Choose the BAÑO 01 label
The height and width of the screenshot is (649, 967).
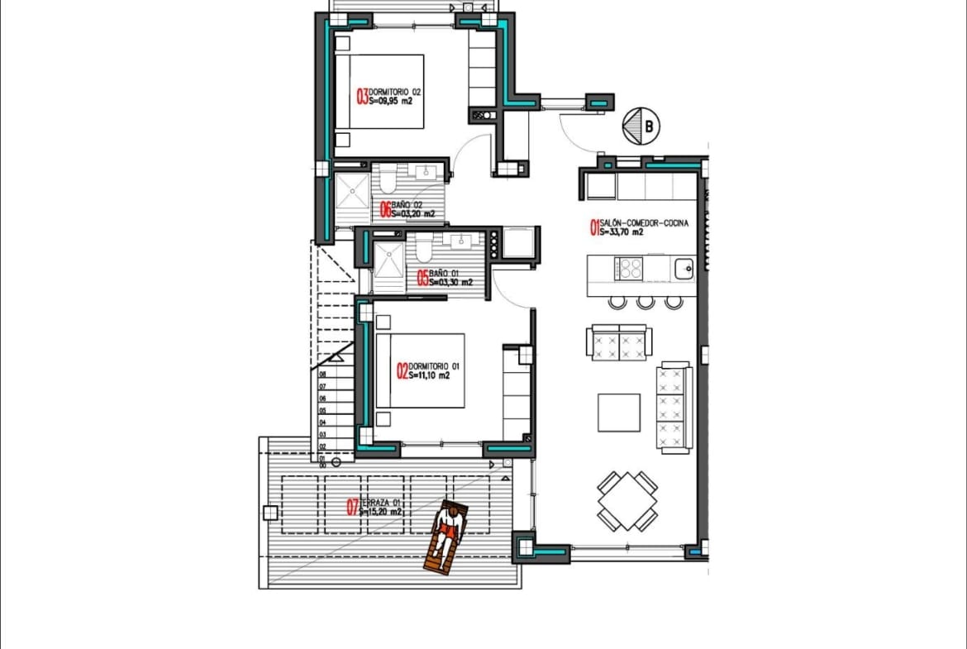445,278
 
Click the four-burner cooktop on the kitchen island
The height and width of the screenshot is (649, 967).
629,269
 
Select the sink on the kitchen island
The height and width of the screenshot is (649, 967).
683,269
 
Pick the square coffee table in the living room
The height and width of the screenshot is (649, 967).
619,413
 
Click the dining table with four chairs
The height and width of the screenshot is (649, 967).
627,501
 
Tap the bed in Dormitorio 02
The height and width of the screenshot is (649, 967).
379,92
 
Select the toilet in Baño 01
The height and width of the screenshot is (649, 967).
424,249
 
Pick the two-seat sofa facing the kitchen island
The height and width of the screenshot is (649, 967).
619,342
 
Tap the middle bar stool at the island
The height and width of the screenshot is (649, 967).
645,302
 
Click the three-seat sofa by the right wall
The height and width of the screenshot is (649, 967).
674,407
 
